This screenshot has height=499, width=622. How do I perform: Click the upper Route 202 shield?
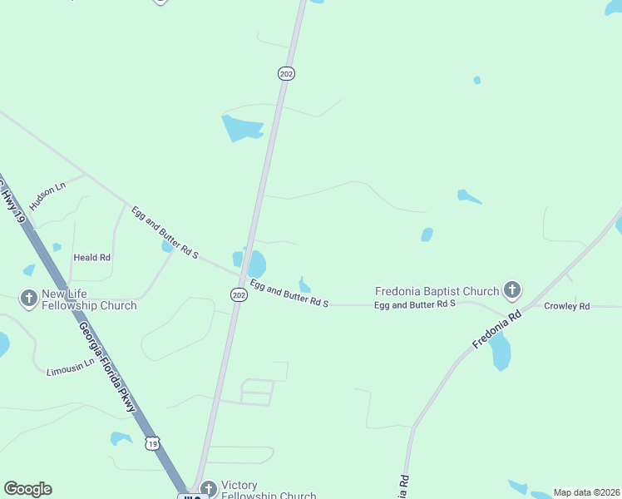(x=286, y=74)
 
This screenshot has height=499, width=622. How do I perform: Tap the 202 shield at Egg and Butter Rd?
(x=239, y=295)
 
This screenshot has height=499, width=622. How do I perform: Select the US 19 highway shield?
(x=151, y=444)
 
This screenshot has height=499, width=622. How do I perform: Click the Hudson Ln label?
(x=47, y=196)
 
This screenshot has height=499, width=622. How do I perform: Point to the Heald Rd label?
(x=91, y=258)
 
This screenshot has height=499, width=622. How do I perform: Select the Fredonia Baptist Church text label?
(x=437, y=291)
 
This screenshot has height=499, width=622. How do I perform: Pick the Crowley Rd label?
(x=566, y=306)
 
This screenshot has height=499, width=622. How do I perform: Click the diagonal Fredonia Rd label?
(x=496, y=330)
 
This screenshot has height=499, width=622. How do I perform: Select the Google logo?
(x=27, y=489)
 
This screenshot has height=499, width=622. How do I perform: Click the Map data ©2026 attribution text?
(x=586, y=492)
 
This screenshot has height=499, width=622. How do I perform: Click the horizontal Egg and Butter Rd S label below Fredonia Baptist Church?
(x=415, y=304)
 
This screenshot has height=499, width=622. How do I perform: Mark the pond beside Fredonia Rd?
(x=500, y=353)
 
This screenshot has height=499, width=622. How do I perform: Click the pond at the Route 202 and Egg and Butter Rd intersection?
(x=256, y=264)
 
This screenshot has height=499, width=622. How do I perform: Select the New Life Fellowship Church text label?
(x=89, y=299)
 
